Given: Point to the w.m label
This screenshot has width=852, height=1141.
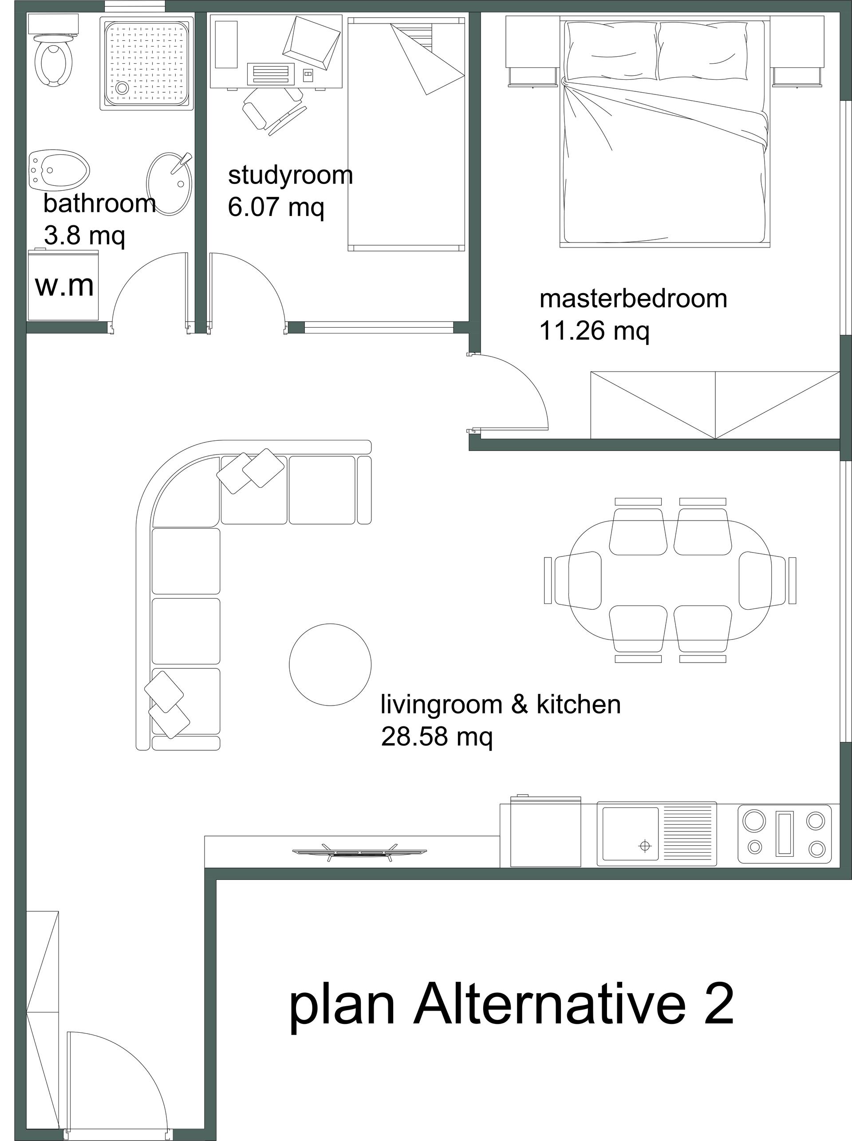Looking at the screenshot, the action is [x=64, y=286].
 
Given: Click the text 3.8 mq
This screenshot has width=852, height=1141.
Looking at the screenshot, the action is [x=85, y=236].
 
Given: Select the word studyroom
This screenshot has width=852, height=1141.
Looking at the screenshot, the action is [x=290, y=176].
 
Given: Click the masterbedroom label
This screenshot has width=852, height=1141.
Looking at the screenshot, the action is [x=633, y=298].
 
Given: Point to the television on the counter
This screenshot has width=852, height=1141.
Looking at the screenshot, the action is [x=359, y=852].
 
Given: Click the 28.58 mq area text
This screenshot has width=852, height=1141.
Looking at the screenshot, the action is [x=437, y=737].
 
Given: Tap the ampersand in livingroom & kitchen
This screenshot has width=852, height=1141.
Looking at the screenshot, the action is [x=520, y=705].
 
